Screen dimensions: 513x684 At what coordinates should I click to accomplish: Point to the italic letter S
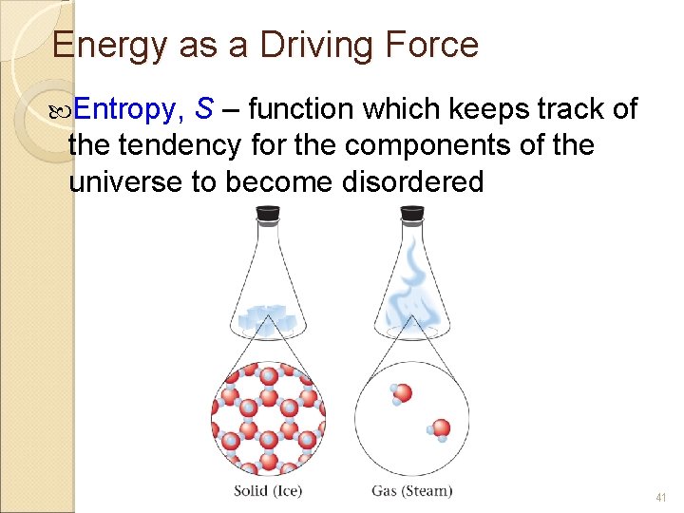(202, 110)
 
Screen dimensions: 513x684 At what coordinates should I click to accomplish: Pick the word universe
(125, 181)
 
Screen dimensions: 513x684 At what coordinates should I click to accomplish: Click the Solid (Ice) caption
(269, 491)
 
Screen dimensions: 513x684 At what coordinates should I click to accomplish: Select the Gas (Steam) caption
(411, 491)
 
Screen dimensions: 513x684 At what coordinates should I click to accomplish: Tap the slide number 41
(661, 497)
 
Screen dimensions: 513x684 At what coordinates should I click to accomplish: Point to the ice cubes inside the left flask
(268, 317)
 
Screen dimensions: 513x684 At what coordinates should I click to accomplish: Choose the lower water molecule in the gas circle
(439, 429)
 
